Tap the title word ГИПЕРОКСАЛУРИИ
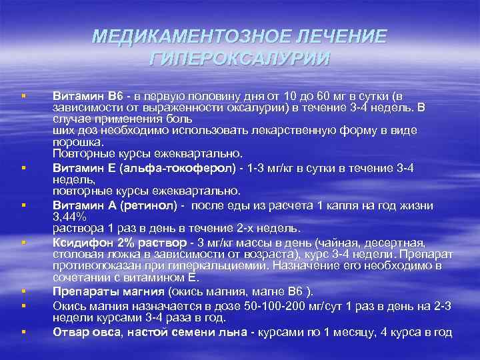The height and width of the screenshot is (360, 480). click(239, 59)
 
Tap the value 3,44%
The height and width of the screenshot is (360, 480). click(69, 216)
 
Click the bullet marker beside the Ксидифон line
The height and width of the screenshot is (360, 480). click(23, 243)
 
